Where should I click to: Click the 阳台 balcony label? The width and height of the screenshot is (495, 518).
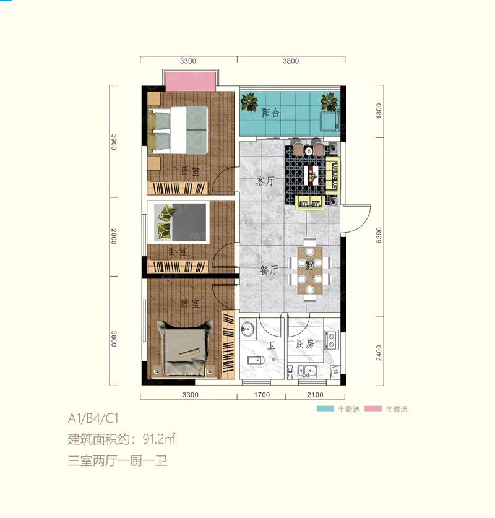[x=270, y=113]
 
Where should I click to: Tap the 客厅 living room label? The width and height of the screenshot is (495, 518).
[x=265, y=182]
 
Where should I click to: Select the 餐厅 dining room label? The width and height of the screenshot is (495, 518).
[x=268, y=270]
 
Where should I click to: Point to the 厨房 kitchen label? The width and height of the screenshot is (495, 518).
[x=306, y=344]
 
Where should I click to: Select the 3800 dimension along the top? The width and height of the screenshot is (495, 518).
[x=291, y=61]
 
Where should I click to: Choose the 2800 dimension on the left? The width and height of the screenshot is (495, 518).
[x=114, y=236]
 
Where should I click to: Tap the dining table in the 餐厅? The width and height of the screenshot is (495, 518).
[x=310, y=270]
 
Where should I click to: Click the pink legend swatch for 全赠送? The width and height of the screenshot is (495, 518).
[x=372, y=409]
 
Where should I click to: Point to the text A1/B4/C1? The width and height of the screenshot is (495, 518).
[x=93, y=420]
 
